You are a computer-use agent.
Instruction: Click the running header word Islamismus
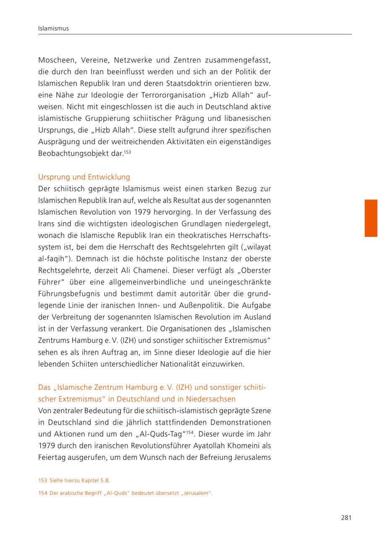pos(53,29)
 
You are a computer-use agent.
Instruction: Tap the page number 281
pos(346,518)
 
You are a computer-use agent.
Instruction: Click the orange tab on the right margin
pos(371,218)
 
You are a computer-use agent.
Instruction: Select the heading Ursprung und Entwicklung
pos(84,177)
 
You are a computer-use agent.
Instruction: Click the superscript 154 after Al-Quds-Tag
pos(190,431)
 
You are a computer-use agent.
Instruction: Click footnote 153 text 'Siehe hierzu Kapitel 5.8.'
pos(79,480)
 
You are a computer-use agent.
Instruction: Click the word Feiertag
pos(53,457)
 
